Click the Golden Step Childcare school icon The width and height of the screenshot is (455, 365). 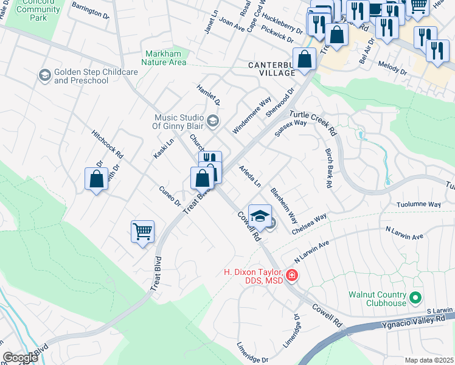(x=44, y=75)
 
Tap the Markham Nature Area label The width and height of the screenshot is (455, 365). (x=165, y=58)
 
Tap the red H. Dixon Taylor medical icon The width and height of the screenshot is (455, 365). (x=293, y=276)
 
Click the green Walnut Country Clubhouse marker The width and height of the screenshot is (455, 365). (x=415, y=298)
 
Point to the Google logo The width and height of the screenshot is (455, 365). (x=20, y=358)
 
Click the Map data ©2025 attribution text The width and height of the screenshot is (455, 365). (x=429, y=360)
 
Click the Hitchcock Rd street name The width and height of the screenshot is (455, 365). (x=107, y=144)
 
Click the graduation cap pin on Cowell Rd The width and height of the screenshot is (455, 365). (x=260, y=215)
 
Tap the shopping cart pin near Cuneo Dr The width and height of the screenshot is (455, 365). (x=142, y=231)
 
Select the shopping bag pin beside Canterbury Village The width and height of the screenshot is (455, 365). (x=305, y=59)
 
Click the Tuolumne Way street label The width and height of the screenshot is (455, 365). (x=419, y=205)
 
